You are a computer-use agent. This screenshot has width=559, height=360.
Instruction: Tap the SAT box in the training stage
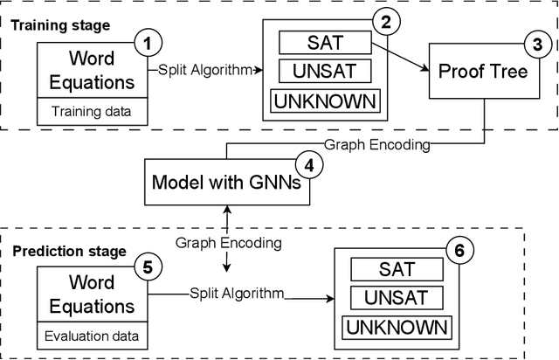pyautogui.click(x=323, y=41)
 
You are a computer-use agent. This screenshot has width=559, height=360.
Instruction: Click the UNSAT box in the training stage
pyautogui.click(x=323, y=70)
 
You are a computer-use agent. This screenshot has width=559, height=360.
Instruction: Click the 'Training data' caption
pyautogui.click(x=91, y=111)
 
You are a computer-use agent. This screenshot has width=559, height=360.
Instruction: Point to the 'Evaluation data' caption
pyautogui.click(x=91, y=336)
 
